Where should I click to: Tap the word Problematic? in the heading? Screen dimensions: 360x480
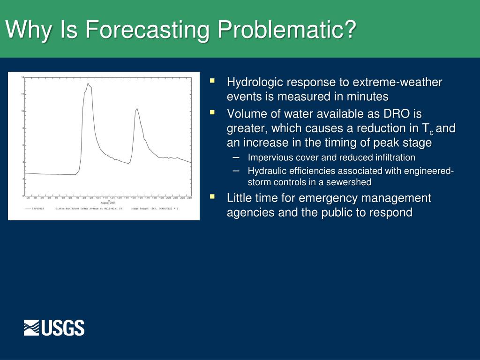coord(287,30)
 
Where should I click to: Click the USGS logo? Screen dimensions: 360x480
coord(54,328)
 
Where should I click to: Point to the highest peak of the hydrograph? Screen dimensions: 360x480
coord(88,83)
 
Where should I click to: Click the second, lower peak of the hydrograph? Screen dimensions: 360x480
coord(136,109)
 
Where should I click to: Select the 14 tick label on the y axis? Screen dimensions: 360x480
coord(22,77)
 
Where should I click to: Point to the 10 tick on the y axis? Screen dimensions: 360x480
coord(22,111)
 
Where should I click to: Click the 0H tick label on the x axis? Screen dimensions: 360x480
coord(28,198)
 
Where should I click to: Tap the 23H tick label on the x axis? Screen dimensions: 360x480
coord(189,198)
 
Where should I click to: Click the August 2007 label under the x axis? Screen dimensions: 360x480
coord(109,202)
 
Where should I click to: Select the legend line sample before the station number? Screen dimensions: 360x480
coord(31,208)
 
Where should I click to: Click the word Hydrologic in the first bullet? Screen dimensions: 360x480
coord(255,82)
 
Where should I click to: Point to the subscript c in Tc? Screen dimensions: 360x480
coord(432,132)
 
